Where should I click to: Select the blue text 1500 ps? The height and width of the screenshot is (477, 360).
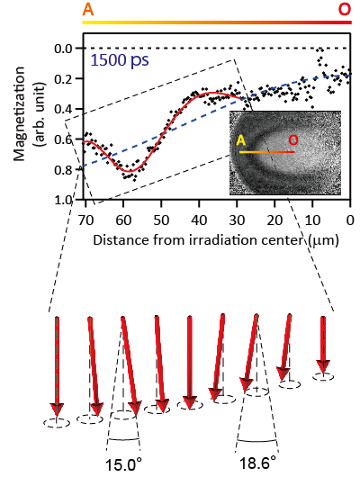(120, 62)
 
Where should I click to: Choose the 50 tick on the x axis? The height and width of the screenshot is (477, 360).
(159, 219)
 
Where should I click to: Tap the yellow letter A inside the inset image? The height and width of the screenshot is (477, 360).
(240, 140)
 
